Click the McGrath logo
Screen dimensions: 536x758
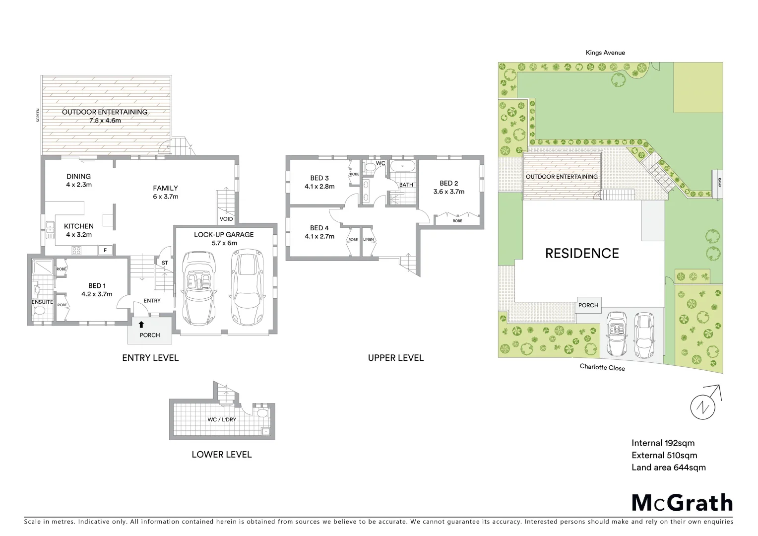click(x=682, y=503)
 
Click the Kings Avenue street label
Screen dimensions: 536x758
click(x=605, y=53)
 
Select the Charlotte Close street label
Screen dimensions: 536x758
click(x=602, y=368)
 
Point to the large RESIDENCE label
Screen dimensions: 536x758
click(x=581, y=254)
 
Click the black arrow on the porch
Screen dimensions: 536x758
click(x=141, y=325)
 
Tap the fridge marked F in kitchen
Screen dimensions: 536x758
click(x=105, y=251)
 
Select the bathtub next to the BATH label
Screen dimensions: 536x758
click(x=402, y=166)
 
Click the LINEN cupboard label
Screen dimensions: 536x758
click(x=368, y=240)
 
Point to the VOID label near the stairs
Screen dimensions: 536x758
click(x=226, y=219)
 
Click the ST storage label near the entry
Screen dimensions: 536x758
click(x=165, y=263)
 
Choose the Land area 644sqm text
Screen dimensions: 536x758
click(x=668, y=467)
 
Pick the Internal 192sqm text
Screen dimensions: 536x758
click(x=663, y=443)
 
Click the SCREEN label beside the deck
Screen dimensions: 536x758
click(x=38, y=115)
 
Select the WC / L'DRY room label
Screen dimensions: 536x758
click(x=222, y=419)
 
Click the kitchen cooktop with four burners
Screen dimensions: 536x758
click(x=77, y=250)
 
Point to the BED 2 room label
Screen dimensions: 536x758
click(x=448, y=183)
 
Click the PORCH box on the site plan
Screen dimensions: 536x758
click(x=588, y=305)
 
